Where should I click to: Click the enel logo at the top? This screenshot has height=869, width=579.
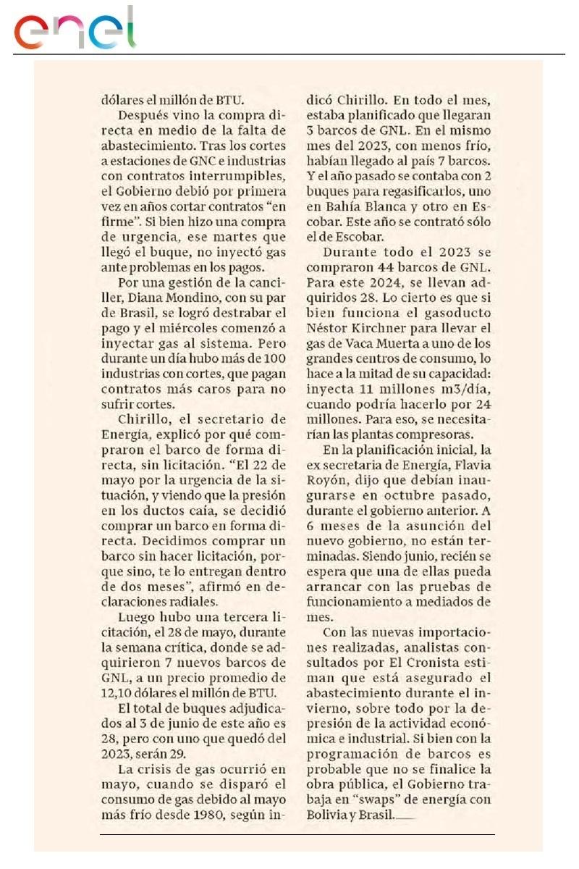[x=74, y=29]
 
